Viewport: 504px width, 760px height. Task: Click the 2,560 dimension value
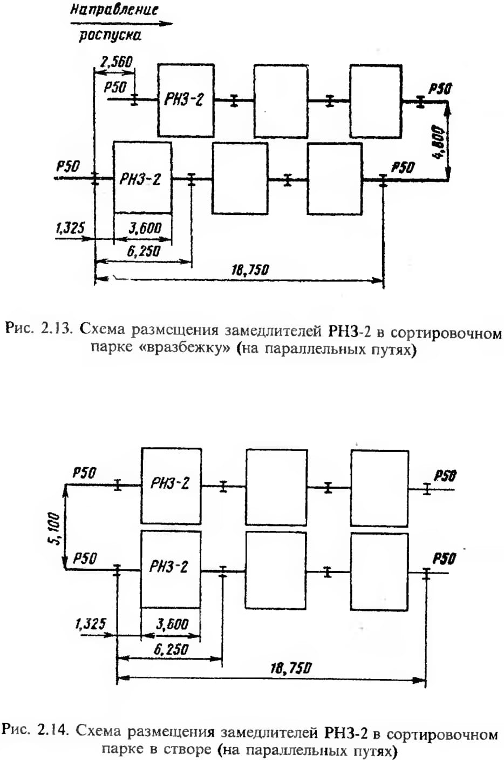[116, 62]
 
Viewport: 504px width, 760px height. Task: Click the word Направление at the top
[114, 10]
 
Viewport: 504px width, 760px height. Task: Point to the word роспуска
[110, 36]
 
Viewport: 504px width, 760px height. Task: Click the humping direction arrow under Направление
[121, 24]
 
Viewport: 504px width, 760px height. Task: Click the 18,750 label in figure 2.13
[250, 270]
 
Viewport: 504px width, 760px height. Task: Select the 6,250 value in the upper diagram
[144, 251]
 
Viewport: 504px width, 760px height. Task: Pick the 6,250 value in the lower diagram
[171, 648]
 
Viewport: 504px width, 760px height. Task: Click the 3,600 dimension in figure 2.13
[145, 228]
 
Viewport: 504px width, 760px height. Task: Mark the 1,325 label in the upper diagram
[70, 227]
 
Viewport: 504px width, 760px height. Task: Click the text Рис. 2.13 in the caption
[39, 329]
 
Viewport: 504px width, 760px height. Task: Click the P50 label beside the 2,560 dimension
[115, 88]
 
